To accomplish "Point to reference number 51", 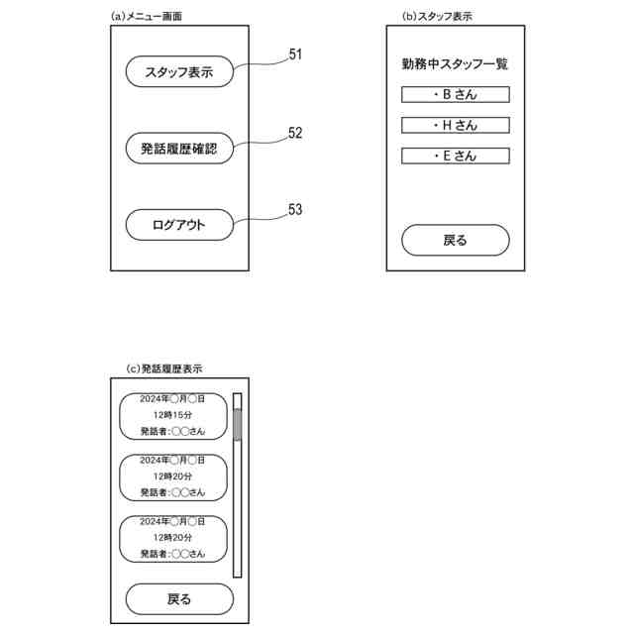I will pyautogui.click(x=295, y=55).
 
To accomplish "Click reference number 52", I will pyautogui.click(x=295, y=133).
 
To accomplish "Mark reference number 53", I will pyautogui.click(x=295, y=210).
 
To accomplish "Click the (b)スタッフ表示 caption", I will pyautogui.click(x=436, y=16).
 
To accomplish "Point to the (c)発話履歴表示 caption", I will pyautogui.click(x=164, y=369).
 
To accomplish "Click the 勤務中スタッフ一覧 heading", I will pyautogui.click(x=455, y=64).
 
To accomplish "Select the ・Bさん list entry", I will pyautogui.click(x=455, y=95).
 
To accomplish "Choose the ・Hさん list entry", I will pyautogui.click(x=455, y=126).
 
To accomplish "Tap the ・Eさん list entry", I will pyautogui.click(x=455, y=156).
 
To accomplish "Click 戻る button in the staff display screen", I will pyautogui.click(x=455, y=240).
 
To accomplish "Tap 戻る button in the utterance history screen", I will pyautogui.click(x=178, y=598).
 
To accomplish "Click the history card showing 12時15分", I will pyautogui.click(x=172, y=415).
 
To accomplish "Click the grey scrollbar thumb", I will pyautogui.click(x=237, y=424).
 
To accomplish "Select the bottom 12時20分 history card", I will pyautogui.click(x=172, y=537).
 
